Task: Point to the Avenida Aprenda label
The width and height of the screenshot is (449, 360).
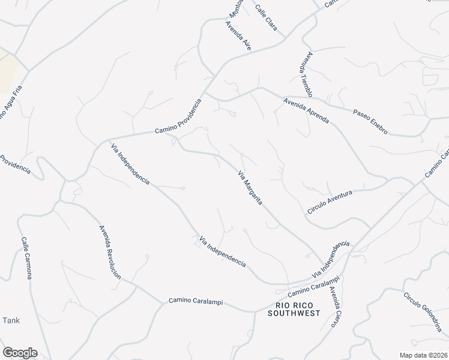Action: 307,110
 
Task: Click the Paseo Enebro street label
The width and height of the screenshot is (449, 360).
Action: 370,122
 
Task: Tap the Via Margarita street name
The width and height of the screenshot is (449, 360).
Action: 250,188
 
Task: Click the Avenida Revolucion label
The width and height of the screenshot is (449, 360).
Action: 110,251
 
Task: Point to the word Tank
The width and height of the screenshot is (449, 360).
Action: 11,320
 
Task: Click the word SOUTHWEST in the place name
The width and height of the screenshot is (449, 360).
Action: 294,313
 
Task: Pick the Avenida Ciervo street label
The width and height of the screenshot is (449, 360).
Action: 335,308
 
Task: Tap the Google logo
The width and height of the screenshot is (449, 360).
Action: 20,353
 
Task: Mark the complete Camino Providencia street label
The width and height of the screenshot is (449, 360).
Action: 178,116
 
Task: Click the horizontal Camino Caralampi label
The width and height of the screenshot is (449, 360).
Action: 196,302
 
